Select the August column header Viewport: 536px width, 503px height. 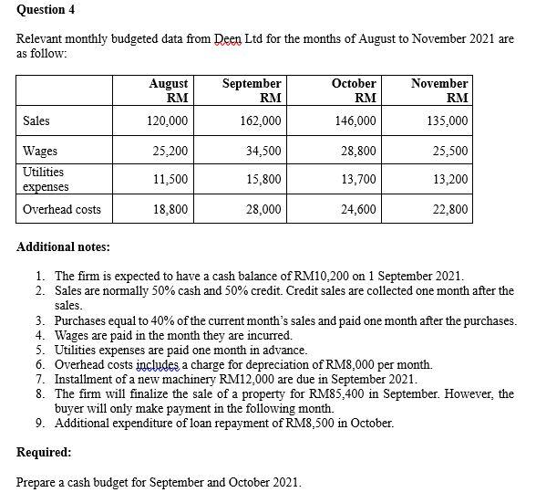(x=169, y=89)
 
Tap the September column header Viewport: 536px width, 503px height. (x=252, y=89)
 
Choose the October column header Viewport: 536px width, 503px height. (x=355, y=89)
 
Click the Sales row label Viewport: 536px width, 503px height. (x=36, y=121)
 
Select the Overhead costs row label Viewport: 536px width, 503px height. (x=62, y=209)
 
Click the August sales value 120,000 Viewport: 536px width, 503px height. (x=168, y=121)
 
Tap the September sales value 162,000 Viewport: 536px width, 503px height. (x=260, y=121)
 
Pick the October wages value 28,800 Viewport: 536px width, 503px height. (x=358, y=150)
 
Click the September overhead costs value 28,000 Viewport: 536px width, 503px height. (x=263, y=209)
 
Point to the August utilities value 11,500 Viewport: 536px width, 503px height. (x=170, y=179)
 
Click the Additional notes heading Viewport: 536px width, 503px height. (x=64, y=246)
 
